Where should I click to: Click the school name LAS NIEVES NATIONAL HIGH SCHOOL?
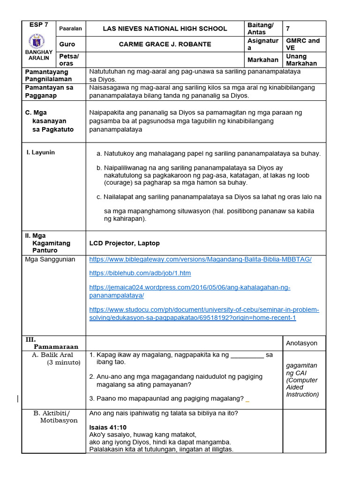(x=165, y=29)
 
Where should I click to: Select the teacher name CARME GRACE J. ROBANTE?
(x=165, y=44)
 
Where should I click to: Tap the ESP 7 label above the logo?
(x=38, y=24)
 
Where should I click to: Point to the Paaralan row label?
(x=70, y=29)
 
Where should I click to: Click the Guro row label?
(x=67, y=44)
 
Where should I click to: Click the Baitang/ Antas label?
(x=260, y=29)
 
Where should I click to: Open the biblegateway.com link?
(x=200, y=259)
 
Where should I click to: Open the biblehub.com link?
(x=140, y=273)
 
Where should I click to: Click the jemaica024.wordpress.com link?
(x=189, y=291)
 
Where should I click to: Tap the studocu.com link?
(x=204, y=314)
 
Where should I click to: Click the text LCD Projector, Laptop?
(x=124, y=243)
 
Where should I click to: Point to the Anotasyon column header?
(x=301, y=343)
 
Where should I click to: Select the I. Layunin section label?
(x=40, y=152)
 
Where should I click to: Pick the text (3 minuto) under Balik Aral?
(x=63, y=362)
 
